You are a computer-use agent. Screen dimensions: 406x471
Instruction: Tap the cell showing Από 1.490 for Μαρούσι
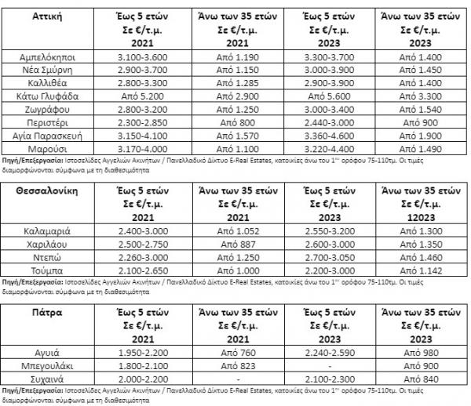(x=424, y=143)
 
